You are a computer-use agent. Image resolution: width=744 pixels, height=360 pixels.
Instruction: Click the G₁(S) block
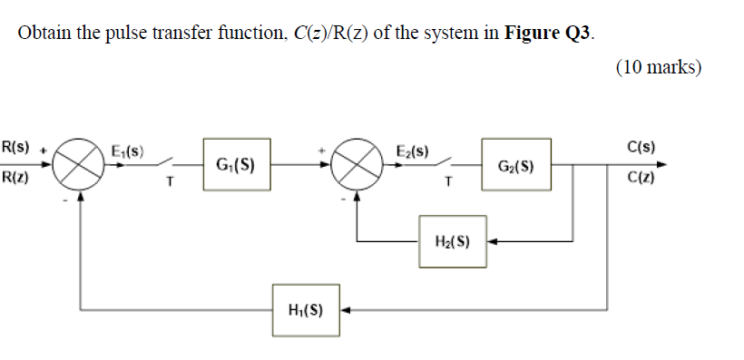pyautogui.click(x=235, y=165)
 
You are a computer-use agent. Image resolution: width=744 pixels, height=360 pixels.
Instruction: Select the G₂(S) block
pyautogui.click(x=516, y=165)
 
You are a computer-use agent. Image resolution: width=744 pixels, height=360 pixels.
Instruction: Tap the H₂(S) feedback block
pyautogui.click(x=452, y=241)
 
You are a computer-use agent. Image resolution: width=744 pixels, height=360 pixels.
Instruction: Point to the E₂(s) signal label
pyautogui.click(x=413, y=151)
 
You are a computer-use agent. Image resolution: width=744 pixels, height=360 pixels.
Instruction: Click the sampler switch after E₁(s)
pyautogui.click(x=168, y=162)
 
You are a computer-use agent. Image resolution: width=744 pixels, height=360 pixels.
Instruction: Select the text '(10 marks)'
pyautogui.click(x=658, y=67)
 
